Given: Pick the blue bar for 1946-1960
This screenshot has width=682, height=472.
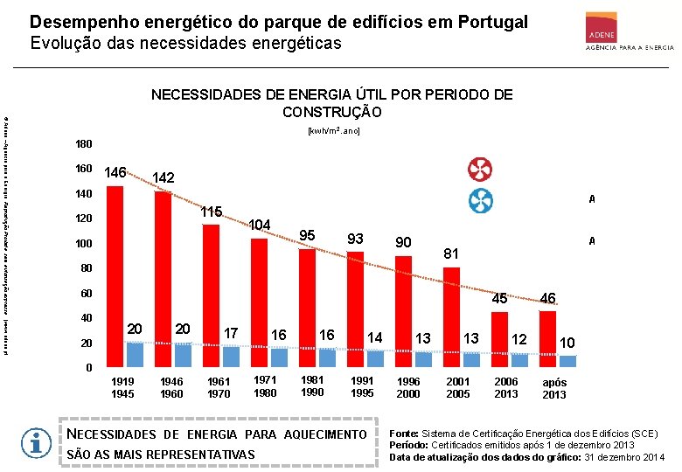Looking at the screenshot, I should click(182, 354).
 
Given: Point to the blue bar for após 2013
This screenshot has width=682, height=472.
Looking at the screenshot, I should click(568, 360).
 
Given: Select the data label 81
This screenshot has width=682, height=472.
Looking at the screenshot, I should click(451, 253).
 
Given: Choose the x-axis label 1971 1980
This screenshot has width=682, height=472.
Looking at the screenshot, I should click(265, 386).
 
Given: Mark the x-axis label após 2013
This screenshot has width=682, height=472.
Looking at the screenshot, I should click(554, 388).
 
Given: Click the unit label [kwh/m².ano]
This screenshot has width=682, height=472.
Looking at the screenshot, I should click(333, 130).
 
